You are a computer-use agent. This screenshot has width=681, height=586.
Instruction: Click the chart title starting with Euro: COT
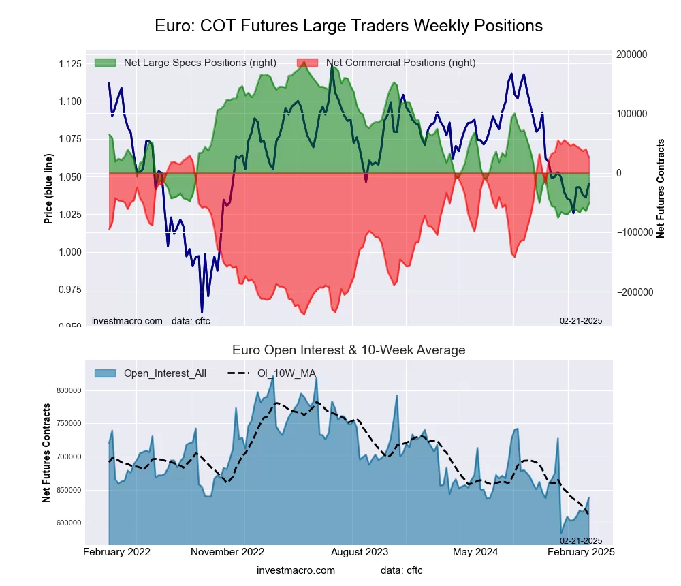[x=349, y=26]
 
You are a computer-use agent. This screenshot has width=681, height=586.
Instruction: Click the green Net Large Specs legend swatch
[x=105, y=63]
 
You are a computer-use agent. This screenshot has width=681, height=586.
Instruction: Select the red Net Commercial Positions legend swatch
[x=307, y=63]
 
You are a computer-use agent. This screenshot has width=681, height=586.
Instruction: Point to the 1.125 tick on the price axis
[x=69, y=64]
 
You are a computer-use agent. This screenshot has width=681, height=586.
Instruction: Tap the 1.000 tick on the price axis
[x=69, y=252]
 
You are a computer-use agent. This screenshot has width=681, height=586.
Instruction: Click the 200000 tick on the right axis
[x=631, y=55]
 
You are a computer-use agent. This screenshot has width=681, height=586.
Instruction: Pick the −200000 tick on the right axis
[x=632, y=292]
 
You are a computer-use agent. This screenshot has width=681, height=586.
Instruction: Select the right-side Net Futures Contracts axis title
[x=661, y=188]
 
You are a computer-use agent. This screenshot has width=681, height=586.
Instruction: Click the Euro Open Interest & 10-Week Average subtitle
[x=349, y=350]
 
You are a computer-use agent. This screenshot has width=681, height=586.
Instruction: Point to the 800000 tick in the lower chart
[x=67, y=390]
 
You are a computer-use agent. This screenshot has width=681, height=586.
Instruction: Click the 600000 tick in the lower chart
[x=67, y=523]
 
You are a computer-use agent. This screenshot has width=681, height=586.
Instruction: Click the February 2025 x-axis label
[x=582, y=552]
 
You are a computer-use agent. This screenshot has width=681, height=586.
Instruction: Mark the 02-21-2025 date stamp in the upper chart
[x=581, y=320]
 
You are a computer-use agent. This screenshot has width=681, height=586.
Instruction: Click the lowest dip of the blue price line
[x=202, y=312]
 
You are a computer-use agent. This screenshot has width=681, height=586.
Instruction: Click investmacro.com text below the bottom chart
[x=296, y=570]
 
